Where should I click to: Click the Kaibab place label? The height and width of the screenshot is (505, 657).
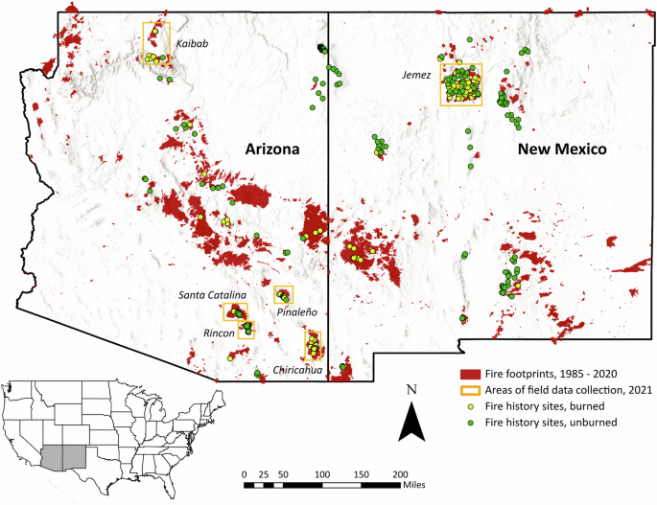(x=192, y=43)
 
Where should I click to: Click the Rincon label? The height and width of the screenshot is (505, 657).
(x=218, y=332)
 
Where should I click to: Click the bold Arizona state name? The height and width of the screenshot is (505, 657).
(x=272, y=149)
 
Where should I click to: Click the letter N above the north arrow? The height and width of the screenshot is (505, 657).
(x=411, y=390)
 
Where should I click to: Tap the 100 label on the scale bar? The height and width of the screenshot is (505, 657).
(x=322, y=473)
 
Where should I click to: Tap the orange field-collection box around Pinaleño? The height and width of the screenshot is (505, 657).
(x=283, y=294)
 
